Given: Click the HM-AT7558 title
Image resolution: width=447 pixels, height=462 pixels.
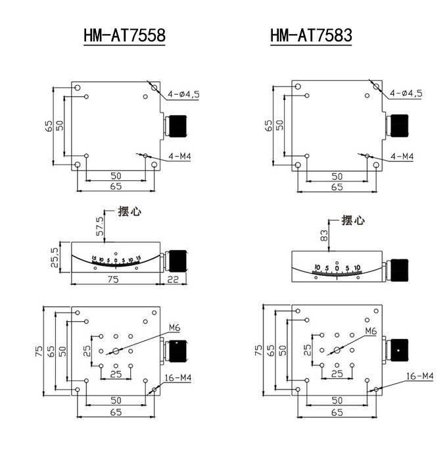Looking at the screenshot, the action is pyautogui.click(x=124, y=36).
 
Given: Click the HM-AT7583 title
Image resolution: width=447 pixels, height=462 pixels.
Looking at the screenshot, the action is pyautogui.click(x=311, y=36).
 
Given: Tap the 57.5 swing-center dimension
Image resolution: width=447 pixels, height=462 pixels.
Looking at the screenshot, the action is pyautogui.click(x=101, y=226).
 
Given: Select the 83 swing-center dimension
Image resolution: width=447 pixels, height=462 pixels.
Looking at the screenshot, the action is pyautogui.click(x=324, y=236).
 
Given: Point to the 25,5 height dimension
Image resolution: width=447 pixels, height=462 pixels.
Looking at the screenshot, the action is pyautogui.click(x=55, y=257).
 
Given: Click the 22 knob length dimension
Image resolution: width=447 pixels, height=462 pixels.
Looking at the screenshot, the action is pyautogui.click(x=173, y=279).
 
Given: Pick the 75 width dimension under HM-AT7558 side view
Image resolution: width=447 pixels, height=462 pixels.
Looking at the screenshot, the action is pyautogui.click(x=113, y=279).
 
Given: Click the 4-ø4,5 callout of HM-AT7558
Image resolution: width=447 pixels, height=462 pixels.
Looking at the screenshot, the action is pyautogui.click(x=183, y=94).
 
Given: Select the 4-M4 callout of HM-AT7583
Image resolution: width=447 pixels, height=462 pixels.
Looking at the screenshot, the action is pyautogui.click(x=402, y=157).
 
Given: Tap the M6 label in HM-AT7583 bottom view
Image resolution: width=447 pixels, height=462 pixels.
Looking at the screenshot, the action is pyautogui.click(x=371, y=331).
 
